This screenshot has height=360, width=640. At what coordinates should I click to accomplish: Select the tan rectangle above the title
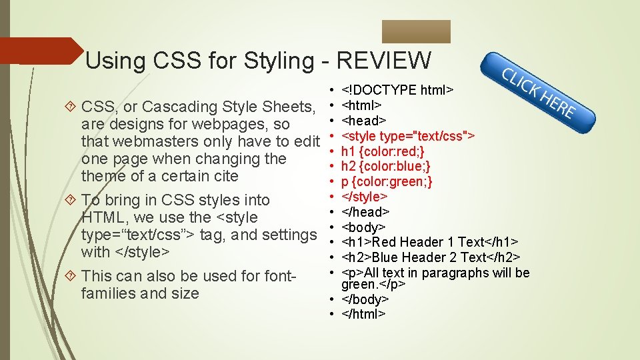pyautogui.click(x=416, y=31)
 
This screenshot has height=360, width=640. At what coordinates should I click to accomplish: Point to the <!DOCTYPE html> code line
pyautogui.click(x=397, y=90)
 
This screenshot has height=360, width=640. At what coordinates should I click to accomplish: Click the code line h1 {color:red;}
pyautogui.click(x=383, y=151)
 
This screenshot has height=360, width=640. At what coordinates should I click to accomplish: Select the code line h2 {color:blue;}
pyautogui.click(x=386, y=167)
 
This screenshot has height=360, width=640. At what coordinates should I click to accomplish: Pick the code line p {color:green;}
pyautogui.click(x=387, y=181)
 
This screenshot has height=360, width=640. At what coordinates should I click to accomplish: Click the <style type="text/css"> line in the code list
pyautogui.click(x=408, y=136)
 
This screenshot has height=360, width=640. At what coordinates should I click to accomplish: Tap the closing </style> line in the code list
pyautogui.click(x=365, y=197)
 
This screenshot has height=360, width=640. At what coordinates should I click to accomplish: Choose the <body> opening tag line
pyautogui.click(x=363, y=227)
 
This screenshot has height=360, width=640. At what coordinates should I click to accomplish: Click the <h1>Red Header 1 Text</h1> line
pyautogui.click(x=430, y=242)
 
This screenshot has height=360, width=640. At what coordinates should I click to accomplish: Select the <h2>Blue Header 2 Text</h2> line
pyautogui.click(x=431, y=257)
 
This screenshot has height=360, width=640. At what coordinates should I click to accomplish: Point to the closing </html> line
pyautogui.click(x=363, y=313)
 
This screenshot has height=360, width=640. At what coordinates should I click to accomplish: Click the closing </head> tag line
pyautogui.click(x=365, y=212)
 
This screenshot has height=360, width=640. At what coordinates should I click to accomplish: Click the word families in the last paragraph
pyautogui.click(x=109, y=293)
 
